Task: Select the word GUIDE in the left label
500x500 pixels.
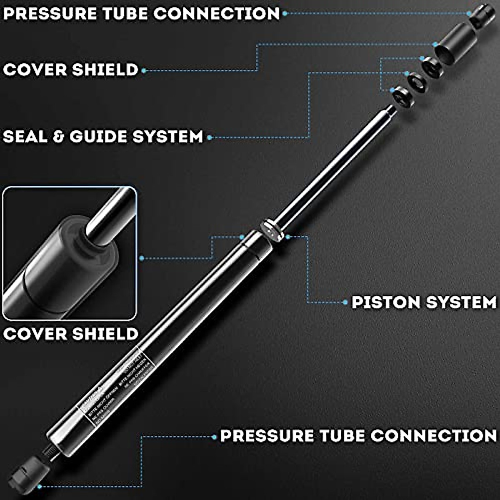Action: tap(97, 137)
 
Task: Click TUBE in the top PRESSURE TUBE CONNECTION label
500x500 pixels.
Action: tap(122, 13)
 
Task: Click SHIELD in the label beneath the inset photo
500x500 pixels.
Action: tap(105, 334)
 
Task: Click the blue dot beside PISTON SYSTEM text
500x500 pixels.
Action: tap(345, 302)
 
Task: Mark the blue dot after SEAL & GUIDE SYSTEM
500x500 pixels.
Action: tap(209, 137)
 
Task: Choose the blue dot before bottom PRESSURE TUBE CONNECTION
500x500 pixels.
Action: tap(214, 437)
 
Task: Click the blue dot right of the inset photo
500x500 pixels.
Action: tap(142, 258)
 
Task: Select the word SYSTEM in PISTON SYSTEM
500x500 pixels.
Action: tap(460, 302)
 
